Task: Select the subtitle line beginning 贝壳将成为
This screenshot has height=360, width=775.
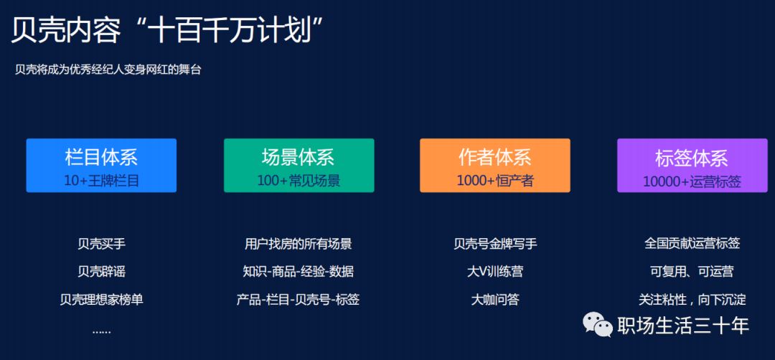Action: (108, 70)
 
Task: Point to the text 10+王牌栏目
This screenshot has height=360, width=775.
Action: (101, 181)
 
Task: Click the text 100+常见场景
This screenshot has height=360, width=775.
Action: (299, 181)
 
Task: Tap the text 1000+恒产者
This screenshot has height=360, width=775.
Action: (494, 181)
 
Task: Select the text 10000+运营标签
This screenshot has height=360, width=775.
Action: (692, 181)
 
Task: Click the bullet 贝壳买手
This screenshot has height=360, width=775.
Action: (101, 244)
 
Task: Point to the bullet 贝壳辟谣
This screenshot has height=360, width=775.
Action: (101, 272)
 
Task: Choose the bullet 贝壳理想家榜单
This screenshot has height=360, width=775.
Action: (101, 300)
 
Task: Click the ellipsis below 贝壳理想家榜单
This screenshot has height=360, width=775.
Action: (101, 330)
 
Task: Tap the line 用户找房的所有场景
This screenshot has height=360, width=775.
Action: (299, 244)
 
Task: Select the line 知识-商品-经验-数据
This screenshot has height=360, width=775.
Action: (299, 272)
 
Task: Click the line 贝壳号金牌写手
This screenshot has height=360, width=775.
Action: (494, 244)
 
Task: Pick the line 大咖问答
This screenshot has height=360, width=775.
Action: (494, 300)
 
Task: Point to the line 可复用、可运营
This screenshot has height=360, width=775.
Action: (692, 272)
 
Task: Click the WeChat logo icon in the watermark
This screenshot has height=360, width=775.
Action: (598, 324)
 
